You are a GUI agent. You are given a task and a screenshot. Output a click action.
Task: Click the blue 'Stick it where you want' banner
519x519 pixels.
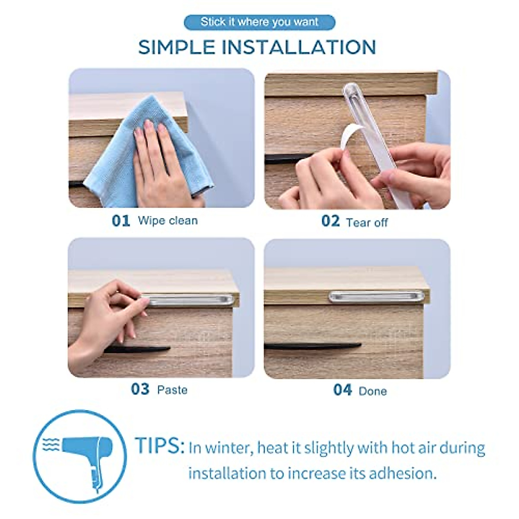[259, 22]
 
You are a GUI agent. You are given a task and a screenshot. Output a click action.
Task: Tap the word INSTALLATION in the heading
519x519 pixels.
[298, 47]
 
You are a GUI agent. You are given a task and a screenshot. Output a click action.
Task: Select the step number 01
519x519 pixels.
[121, 221]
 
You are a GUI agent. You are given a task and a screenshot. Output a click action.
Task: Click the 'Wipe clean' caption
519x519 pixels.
[167, 221]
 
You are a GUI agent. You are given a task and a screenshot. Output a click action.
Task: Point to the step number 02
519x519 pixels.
[330, 221]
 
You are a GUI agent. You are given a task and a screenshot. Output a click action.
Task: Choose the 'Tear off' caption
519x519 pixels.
[367, 222]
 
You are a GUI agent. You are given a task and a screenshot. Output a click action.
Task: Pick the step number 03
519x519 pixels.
[140, 389]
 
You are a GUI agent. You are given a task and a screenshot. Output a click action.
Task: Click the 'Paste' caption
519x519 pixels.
[172, 390]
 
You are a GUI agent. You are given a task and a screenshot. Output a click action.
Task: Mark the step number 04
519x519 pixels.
[342, 390]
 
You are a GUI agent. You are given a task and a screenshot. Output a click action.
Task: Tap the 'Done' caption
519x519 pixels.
[372, 391]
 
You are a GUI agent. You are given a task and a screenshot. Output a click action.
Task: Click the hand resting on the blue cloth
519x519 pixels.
[160, 164]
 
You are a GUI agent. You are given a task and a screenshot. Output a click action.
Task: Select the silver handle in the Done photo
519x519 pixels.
[376, 296]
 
